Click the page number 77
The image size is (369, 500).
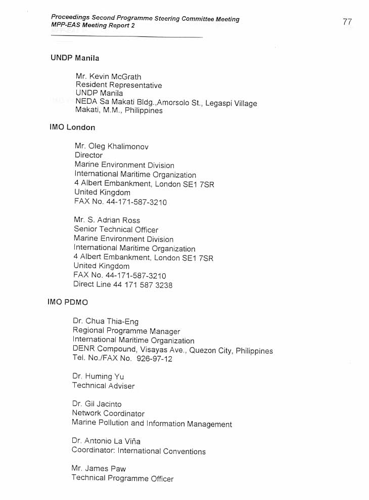coord(347,22)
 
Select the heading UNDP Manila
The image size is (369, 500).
coord(75,58)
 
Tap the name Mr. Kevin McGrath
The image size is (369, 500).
coord(108,76)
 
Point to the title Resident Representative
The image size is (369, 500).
coord(119,85)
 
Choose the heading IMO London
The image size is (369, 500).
coord(72,127)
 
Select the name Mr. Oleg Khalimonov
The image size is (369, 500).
coord(111,146)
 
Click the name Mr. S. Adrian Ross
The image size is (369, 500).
coord(107,220)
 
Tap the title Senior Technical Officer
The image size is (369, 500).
coord(116,229)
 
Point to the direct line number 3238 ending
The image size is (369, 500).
coord(164,285)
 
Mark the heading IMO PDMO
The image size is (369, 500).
coord(68,302)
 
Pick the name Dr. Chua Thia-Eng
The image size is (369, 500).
coord(105,321)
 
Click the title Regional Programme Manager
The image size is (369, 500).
coord(126,331)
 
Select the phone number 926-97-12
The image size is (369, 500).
coord(154,358)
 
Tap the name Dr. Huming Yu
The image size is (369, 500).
coord(98,377)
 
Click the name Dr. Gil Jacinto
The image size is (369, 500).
coord(97,404)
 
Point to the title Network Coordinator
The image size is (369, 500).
coord(108,413)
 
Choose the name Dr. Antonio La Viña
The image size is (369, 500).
coord(106,441)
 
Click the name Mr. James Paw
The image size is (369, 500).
coord(99,469)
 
